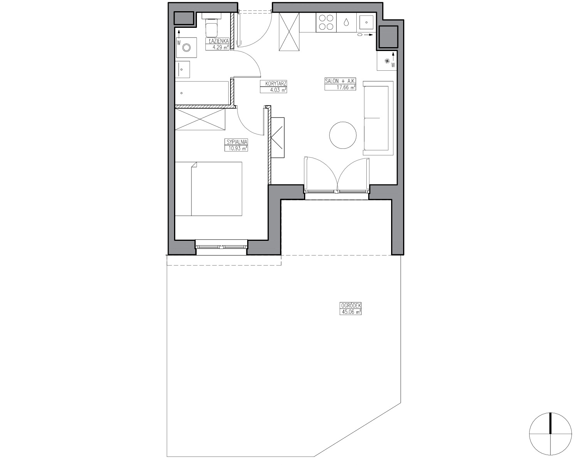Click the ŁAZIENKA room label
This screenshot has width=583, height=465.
(219, 41)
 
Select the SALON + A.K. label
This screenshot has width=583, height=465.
(340, 81)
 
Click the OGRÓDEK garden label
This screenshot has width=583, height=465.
(350, 306)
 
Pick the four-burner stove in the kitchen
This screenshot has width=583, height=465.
(326, 22)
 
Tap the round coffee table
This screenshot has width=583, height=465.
(343, 135)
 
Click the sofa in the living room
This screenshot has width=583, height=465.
(378, 118)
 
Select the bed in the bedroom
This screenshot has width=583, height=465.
(209, 189)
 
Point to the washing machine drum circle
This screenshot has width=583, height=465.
(186, 48)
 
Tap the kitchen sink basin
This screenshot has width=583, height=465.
(366, 22)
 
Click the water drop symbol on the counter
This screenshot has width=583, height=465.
(346, 22)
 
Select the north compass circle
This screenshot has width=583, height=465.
(550, 434)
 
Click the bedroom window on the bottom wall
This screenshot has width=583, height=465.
(221, 247)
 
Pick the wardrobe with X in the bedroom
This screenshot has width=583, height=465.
(200, 119)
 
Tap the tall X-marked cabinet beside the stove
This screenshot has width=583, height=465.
(289, 32)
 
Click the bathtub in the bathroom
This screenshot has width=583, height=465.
(202, 93)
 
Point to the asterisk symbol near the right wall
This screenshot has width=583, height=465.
(387, 61)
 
